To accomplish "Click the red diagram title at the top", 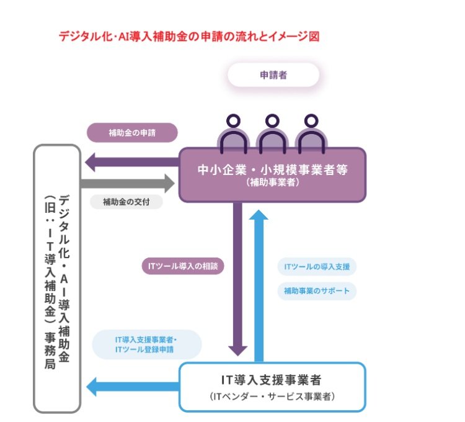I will (x=189, y=36).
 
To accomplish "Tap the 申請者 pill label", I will (x=273, y=75).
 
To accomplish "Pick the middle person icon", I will (x=272, y=133).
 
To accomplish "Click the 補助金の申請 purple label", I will (x=132, y=133).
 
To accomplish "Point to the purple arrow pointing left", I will (x=131, y=163).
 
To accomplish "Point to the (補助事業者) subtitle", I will (x=272, y=183).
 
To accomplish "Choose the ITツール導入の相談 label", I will (x=183, y=266).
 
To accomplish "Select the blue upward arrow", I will (x=260, y=285).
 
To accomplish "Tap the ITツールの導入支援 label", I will (x=317, y=267).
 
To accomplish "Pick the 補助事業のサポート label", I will (x=317, y=290).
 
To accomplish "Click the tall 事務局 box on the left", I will (x=57, y=279).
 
